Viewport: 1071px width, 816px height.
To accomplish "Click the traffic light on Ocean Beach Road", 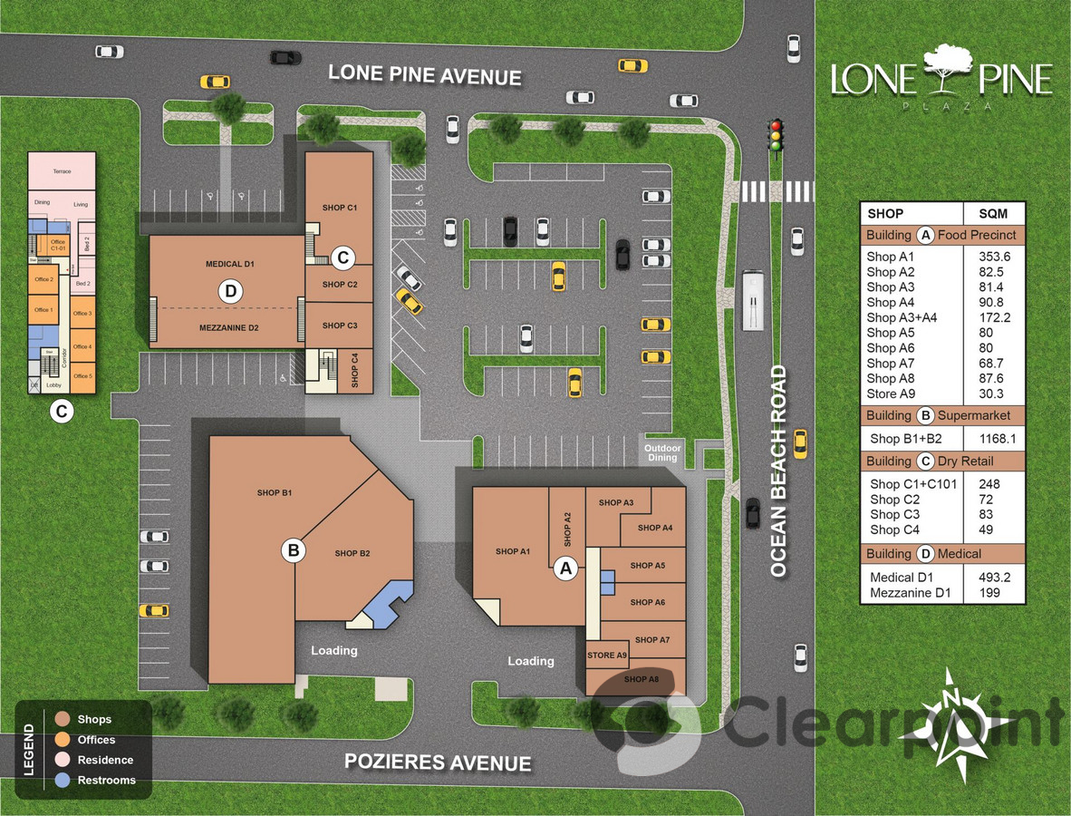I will click(x=775, y=135).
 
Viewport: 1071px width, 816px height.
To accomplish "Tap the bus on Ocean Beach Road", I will click(x=751, y=299).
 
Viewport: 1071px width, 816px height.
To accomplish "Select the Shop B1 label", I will click(x=274, y=493).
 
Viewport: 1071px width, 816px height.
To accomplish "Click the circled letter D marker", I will click(x=231, y=291).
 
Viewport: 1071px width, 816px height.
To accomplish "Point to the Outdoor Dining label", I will click(x=661, y=452).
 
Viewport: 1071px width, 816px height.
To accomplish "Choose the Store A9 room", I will click(x=607, y=656).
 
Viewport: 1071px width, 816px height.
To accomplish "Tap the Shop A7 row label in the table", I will click(x=891, y=363).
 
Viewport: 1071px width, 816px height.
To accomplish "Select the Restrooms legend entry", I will click(x=106, y=780).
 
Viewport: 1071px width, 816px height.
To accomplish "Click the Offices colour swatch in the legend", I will click(x=63, y=740).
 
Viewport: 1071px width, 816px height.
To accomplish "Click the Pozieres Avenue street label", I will click(x=438, y=763).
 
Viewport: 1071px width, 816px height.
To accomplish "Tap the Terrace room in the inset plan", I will click(x=62, y=171).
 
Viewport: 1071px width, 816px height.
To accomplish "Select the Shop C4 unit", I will click(x=354, y=373).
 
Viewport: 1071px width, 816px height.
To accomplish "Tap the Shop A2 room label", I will click(x=567, y=527).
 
